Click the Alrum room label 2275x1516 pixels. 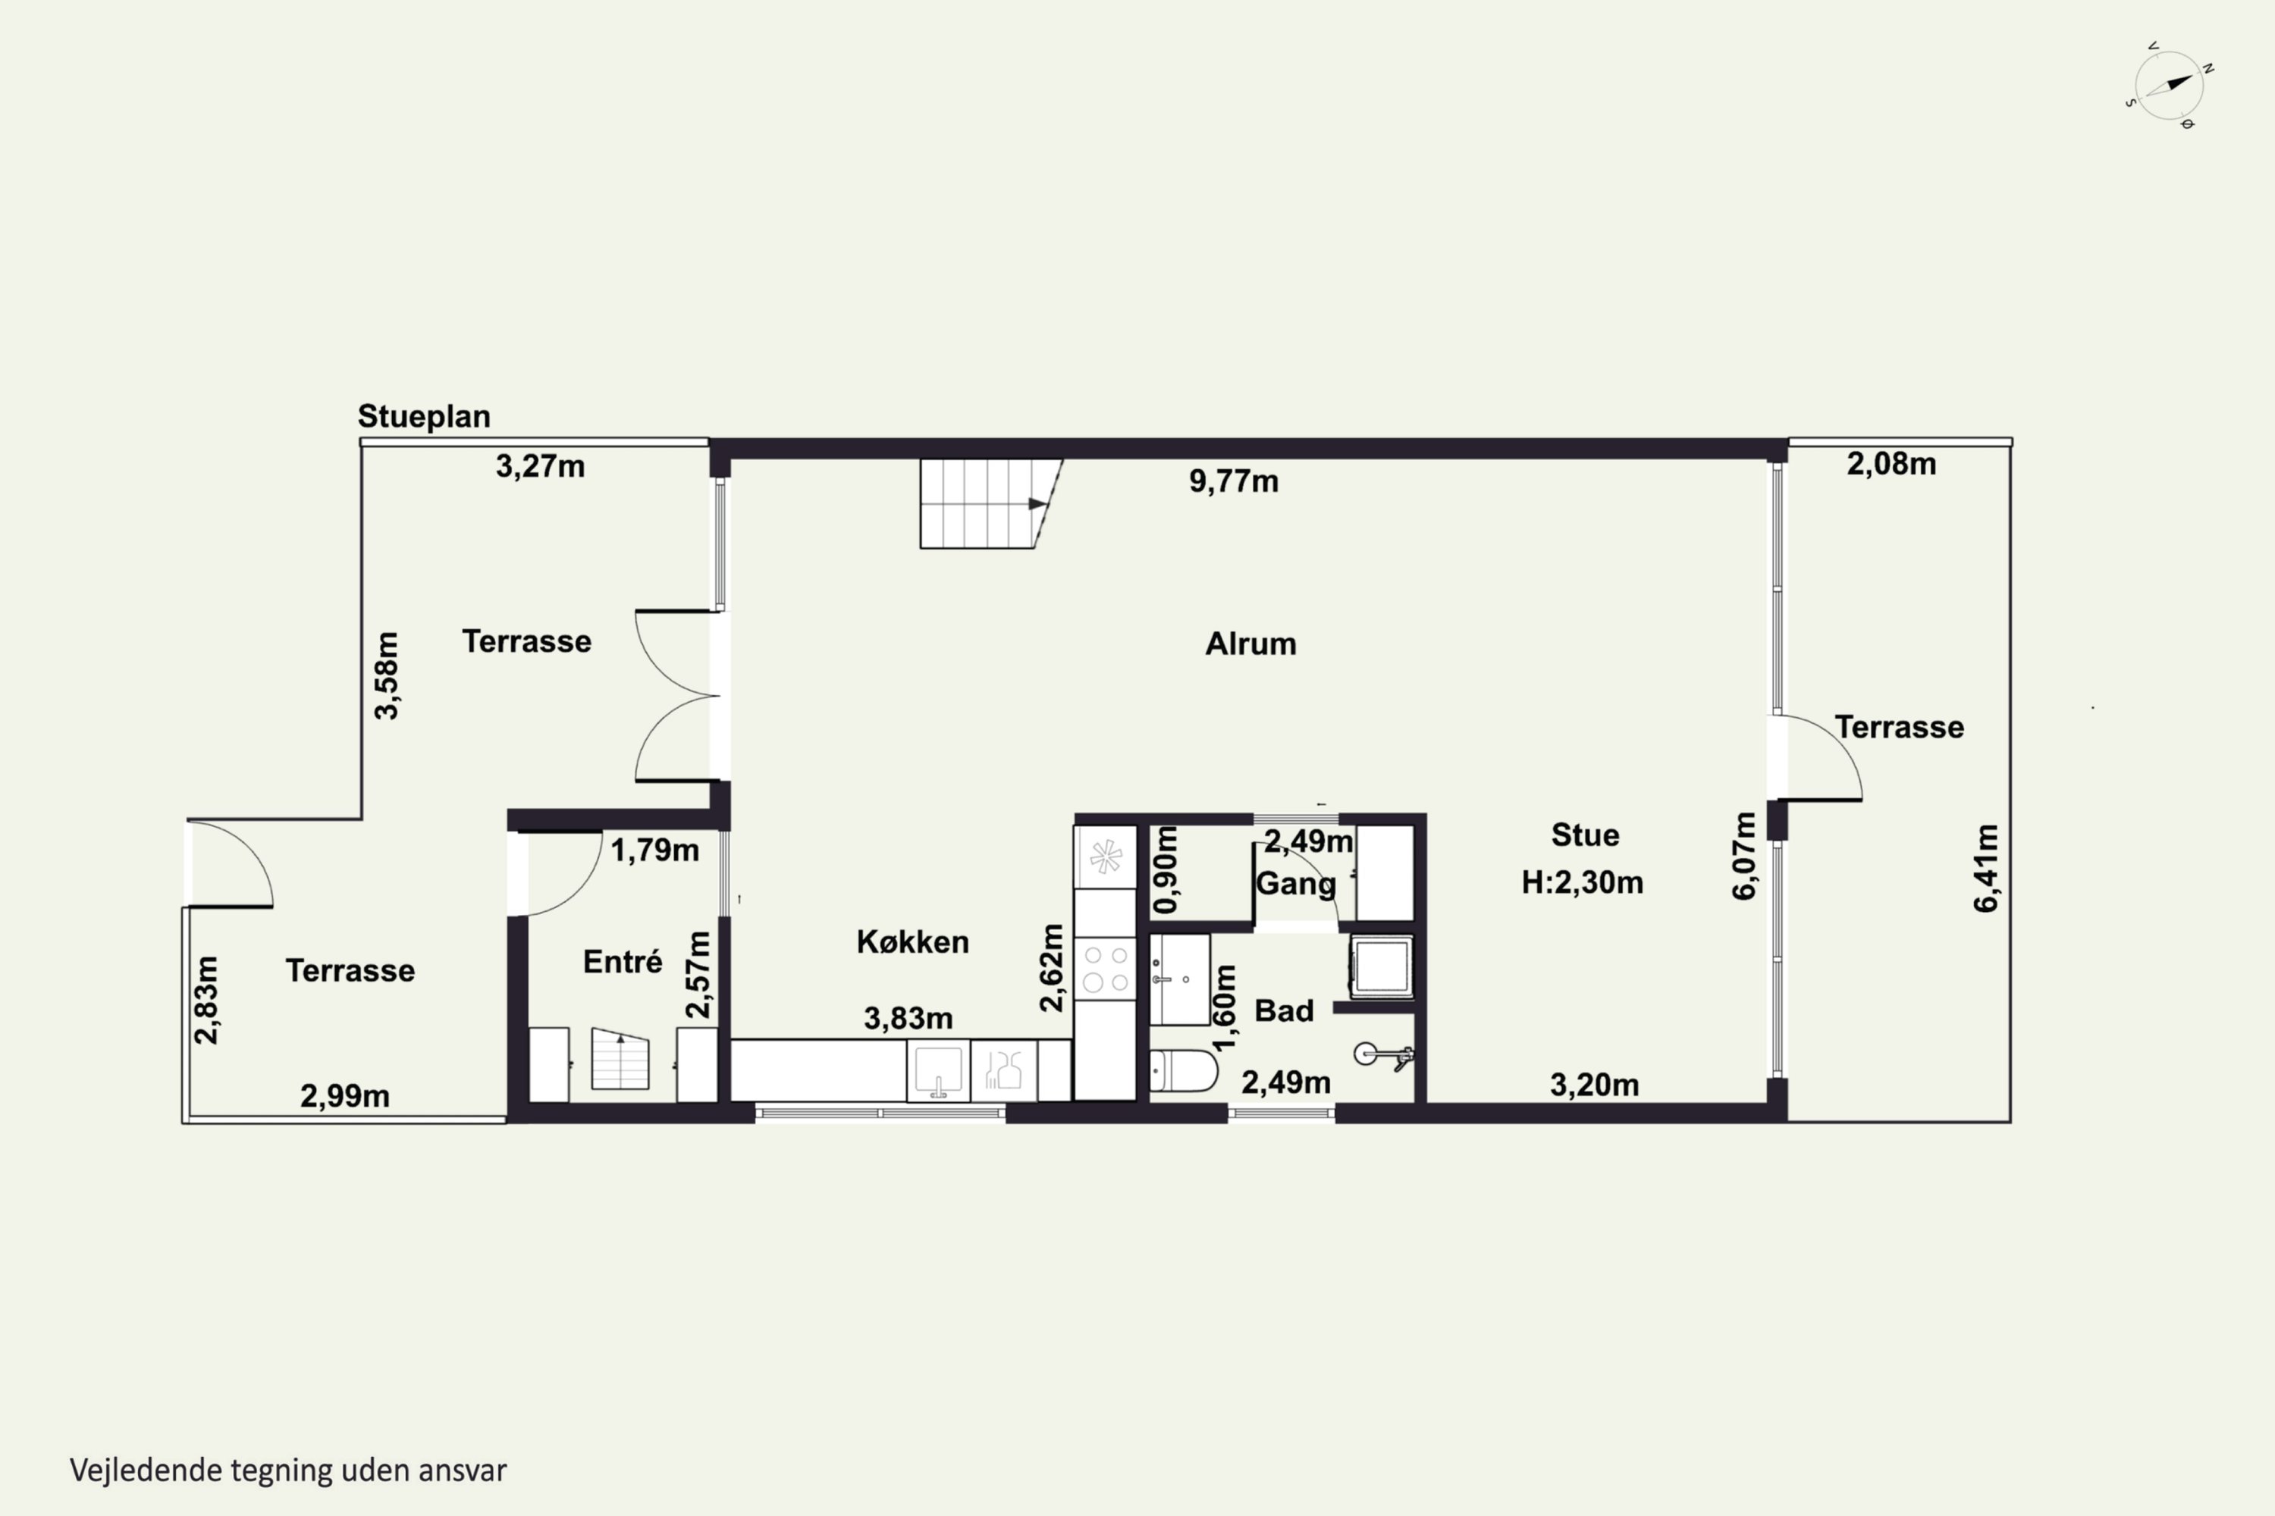pos(1250,644)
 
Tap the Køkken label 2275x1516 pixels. pos(912,941)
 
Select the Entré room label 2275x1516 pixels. pos(622,961)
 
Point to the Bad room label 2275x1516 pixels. pos(1284,1011)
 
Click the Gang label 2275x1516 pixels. pos(1295,884)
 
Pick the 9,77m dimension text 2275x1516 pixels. pos(1233,481)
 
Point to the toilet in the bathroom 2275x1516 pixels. pos(1182,1071)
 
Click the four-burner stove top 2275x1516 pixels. pos(1105,969)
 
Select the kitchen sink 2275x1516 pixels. pos(937,1070)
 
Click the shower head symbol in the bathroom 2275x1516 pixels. pos(1366,1053)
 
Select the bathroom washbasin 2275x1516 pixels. pos(1179,979)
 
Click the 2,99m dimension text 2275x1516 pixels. pos(344,1096)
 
